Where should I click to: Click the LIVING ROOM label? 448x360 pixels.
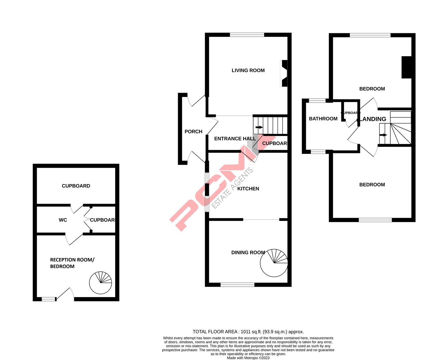[x=248, y=70]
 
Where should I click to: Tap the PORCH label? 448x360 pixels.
[x=193, y=132]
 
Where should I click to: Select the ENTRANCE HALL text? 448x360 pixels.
[x=235, y=139]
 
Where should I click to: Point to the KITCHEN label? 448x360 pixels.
[x=248, y=189]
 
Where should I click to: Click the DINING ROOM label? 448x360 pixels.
[x=248, y=253]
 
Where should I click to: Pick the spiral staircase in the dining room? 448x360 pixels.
[x=274, y=263]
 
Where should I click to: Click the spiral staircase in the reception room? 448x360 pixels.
[x=100, y=283]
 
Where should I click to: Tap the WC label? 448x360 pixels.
[x=63, y=220]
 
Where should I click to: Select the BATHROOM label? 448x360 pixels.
[x=323, y=119]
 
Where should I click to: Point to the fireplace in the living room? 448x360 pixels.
[x=284, y=73]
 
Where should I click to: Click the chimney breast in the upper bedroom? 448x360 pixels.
[x=406, y=68]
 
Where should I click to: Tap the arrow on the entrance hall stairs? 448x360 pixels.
[x=259, y=127]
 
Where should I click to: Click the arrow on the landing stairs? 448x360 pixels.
[x=383, y=135]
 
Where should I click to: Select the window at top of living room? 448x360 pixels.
[x=247, y=35]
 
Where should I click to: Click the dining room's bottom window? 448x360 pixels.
[x=238, y=285]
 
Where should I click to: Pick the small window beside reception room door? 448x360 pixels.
[x=48, y=299]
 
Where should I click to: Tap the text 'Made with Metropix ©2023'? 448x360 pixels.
[x=248, y=358]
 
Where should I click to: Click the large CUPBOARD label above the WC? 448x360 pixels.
[x=76, y=186]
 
